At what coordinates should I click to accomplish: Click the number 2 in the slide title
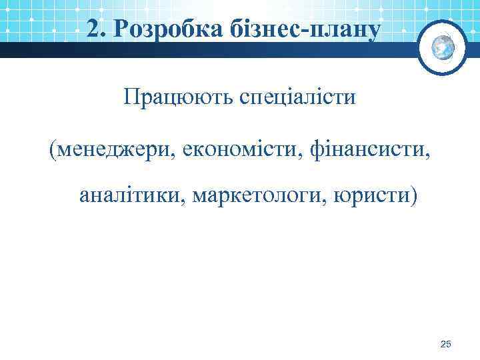tap(93, 27)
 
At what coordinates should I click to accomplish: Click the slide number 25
tap(446, 344)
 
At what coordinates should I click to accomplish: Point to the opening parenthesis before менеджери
tap(52, 148)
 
